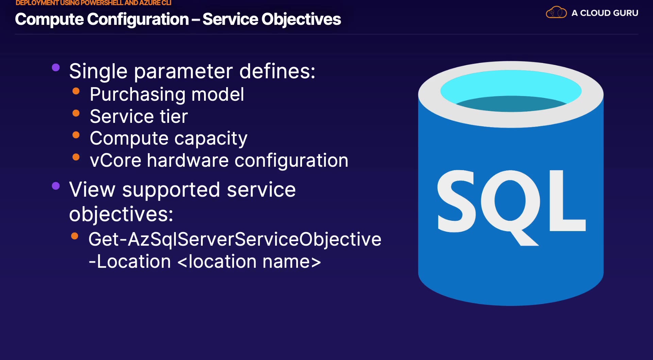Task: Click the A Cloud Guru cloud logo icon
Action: click(556, 13)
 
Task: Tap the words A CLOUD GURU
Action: click(605, 13)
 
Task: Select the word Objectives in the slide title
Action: click(301, 19)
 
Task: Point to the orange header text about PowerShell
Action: click(94, 3)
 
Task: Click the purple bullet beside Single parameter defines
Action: click(56, 67)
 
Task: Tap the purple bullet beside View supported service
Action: click(56, 186)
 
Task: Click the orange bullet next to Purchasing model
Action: click(76, 91)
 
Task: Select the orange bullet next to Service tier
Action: click(76, 113)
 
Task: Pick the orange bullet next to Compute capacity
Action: click(76, 135)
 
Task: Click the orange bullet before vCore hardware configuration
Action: click(76, 157)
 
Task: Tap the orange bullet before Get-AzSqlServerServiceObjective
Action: click(75, 236)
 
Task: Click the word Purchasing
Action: click(138, 95)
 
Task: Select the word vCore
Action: click(116, 161)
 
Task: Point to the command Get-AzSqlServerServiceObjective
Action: click(235, 240)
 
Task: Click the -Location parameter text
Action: click(130, 262)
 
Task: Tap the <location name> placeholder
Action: click(249, 262)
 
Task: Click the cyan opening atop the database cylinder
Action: click(511, 91)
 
